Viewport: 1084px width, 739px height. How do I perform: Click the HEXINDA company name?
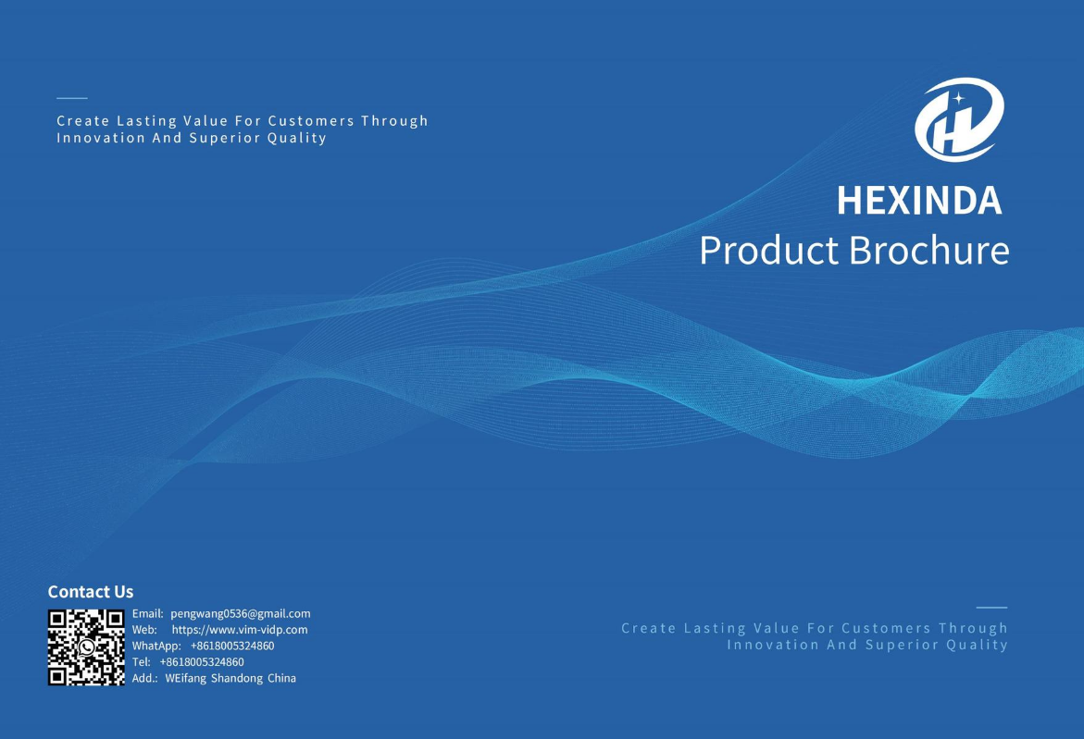[x=919, y=201]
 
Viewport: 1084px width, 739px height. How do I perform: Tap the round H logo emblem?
[x=959, y=118]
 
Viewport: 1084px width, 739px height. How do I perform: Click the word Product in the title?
[x=768, y=250]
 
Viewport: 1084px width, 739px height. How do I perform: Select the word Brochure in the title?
[x=928, y=250]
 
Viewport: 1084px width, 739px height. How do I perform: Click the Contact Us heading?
[x=91, y=592]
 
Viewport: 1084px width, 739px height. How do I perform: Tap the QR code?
[x=86, y=647]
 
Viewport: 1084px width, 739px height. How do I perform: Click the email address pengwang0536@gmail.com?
[x=241, y=613]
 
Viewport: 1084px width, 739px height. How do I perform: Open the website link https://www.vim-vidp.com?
[x=240, y=630]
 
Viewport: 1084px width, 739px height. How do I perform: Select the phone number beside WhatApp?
[x=232, y=646]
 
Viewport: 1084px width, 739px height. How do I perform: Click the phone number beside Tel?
[x=202, y=661]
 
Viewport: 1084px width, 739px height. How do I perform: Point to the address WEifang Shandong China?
[x=231, y=678]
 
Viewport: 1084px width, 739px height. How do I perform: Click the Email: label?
[x=147, y=613]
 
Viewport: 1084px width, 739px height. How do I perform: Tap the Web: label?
[x=144, y=630]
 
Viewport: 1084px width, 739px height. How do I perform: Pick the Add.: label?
[x=144, y=678]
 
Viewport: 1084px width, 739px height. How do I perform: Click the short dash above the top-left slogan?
[x=72, y=98]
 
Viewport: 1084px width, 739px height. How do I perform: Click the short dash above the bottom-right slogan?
[x=991, y=608]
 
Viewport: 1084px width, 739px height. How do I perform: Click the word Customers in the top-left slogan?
[x=311, y=121]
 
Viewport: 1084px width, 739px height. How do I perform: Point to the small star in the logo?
[x=958, y=98]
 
